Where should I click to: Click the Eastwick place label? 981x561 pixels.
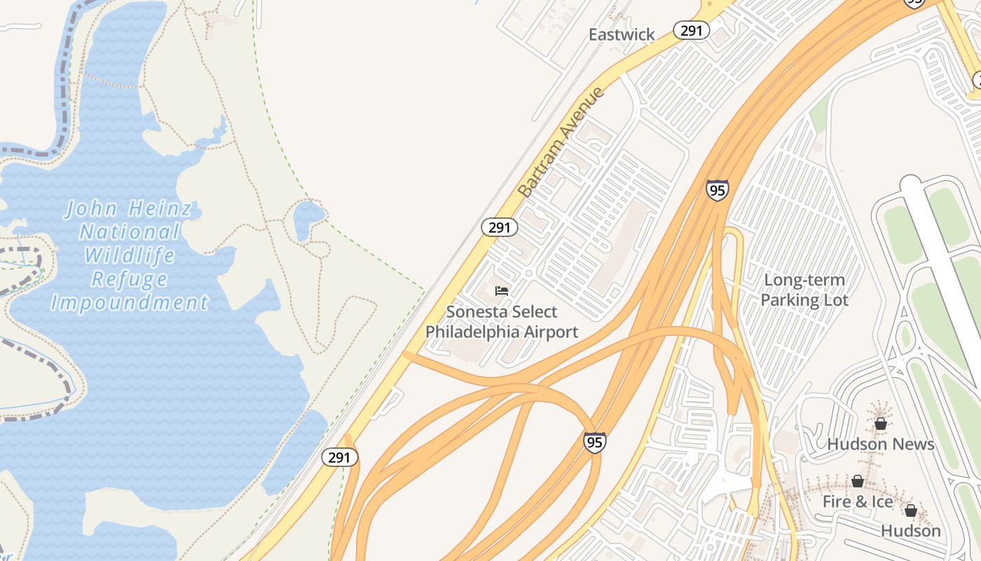(x=622, y=34)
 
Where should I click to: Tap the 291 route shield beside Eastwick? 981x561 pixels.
(x=692, y=30)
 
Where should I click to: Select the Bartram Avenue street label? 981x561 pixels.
(x=561, y=142)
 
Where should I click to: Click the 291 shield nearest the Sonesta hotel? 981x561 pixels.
(x=500, y=227)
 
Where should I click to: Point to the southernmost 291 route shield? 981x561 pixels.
(x=340, y=457)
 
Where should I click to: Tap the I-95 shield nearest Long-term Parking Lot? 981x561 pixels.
(x=717, y=190)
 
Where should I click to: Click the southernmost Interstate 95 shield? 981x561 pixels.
(x=594, y=442)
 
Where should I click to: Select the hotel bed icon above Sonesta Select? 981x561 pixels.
(x=502, y=290)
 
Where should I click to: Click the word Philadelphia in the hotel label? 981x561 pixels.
(x=477, y=332)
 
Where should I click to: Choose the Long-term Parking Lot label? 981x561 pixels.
(x=804, y=290)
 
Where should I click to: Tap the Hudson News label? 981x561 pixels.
(x=881, y=444)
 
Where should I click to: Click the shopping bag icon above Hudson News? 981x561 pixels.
(x=881, y=424)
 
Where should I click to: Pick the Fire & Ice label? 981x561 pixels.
(x=858, y=501)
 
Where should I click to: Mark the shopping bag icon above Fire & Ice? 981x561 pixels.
(x=858, y=481)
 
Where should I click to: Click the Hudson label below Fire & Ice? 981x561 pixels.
(x=911, y=531)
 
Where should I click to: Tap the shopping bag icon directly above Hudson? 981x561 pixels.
(x=911, y=511)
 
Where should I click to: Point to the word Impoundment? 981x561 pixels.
(x=130, y=303)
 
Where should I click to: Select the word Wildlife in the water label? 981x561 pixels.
(x=130, y=255)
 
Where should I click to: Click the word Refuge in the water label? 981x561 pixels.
(x=130, y=279)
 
